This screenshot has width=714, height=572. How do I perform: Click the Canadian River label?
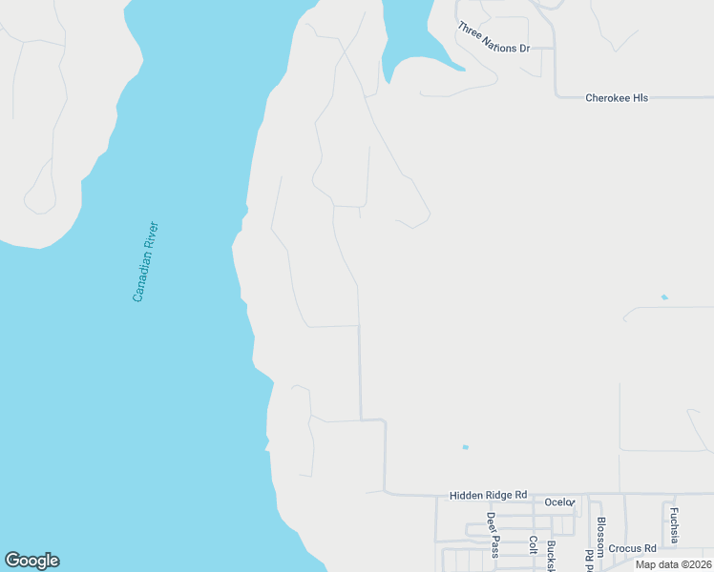pos(146,262)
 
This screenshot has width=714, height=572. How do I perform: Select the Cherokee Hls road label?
pos(617,98)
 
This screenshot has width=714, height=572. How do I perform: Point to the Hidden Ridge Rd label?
pos(488,496)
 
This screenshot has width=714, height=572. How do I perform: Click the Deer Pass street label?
pos(493,534)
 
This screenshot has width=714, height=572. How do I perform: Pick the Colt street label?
pos(533,544)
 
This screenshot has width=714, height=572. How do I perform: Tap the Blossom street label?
pos(600,537)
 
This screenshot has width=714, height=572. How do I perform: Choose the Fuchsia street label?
pos(674,525)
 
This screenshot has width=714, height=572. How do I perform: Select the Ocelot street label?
pos(559,502)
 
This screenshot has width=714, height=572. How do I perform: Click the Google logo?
pos(31,561)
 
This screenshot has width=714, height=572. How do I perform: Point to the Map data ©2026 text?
pos(673,564)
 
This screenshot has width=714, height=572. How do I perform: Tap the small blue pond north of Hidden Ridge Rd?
pos(465,447)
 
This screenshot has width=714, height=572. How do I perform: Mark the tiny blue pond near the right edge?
pos(664,297)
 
